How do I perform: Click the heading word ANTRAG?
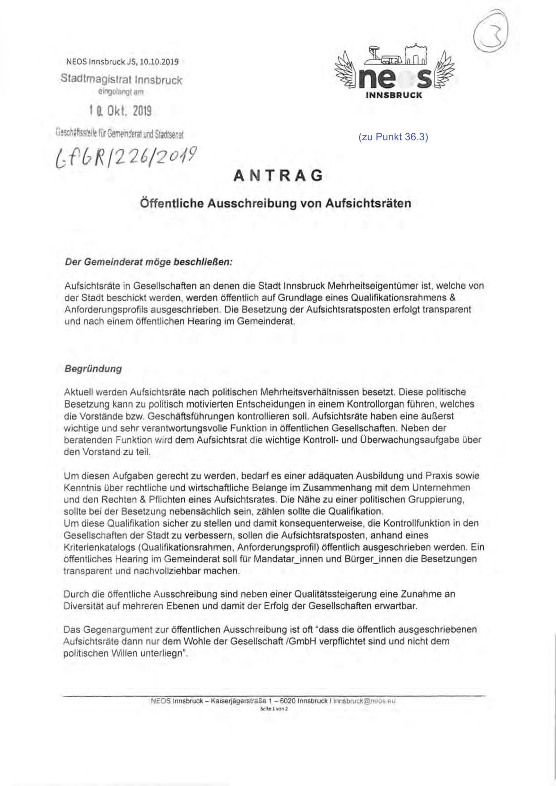[x=278, y=175]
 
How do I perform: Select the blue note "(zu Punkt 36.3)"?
[x=393, y=137]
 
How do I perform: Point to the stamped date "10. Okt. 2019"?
[x=120, y=111]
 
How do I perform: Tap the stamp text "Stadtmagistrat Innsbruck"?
[x=122, y=80]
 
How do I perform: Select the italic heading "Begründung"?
[x=93, y=369]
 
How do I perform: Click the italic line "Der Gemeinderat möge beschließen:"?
[x=149, y=262]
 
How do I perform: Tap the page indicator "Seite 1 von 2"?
[x=274, y=709]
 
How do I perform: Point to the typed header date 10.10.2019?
[x=159, y=62]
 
